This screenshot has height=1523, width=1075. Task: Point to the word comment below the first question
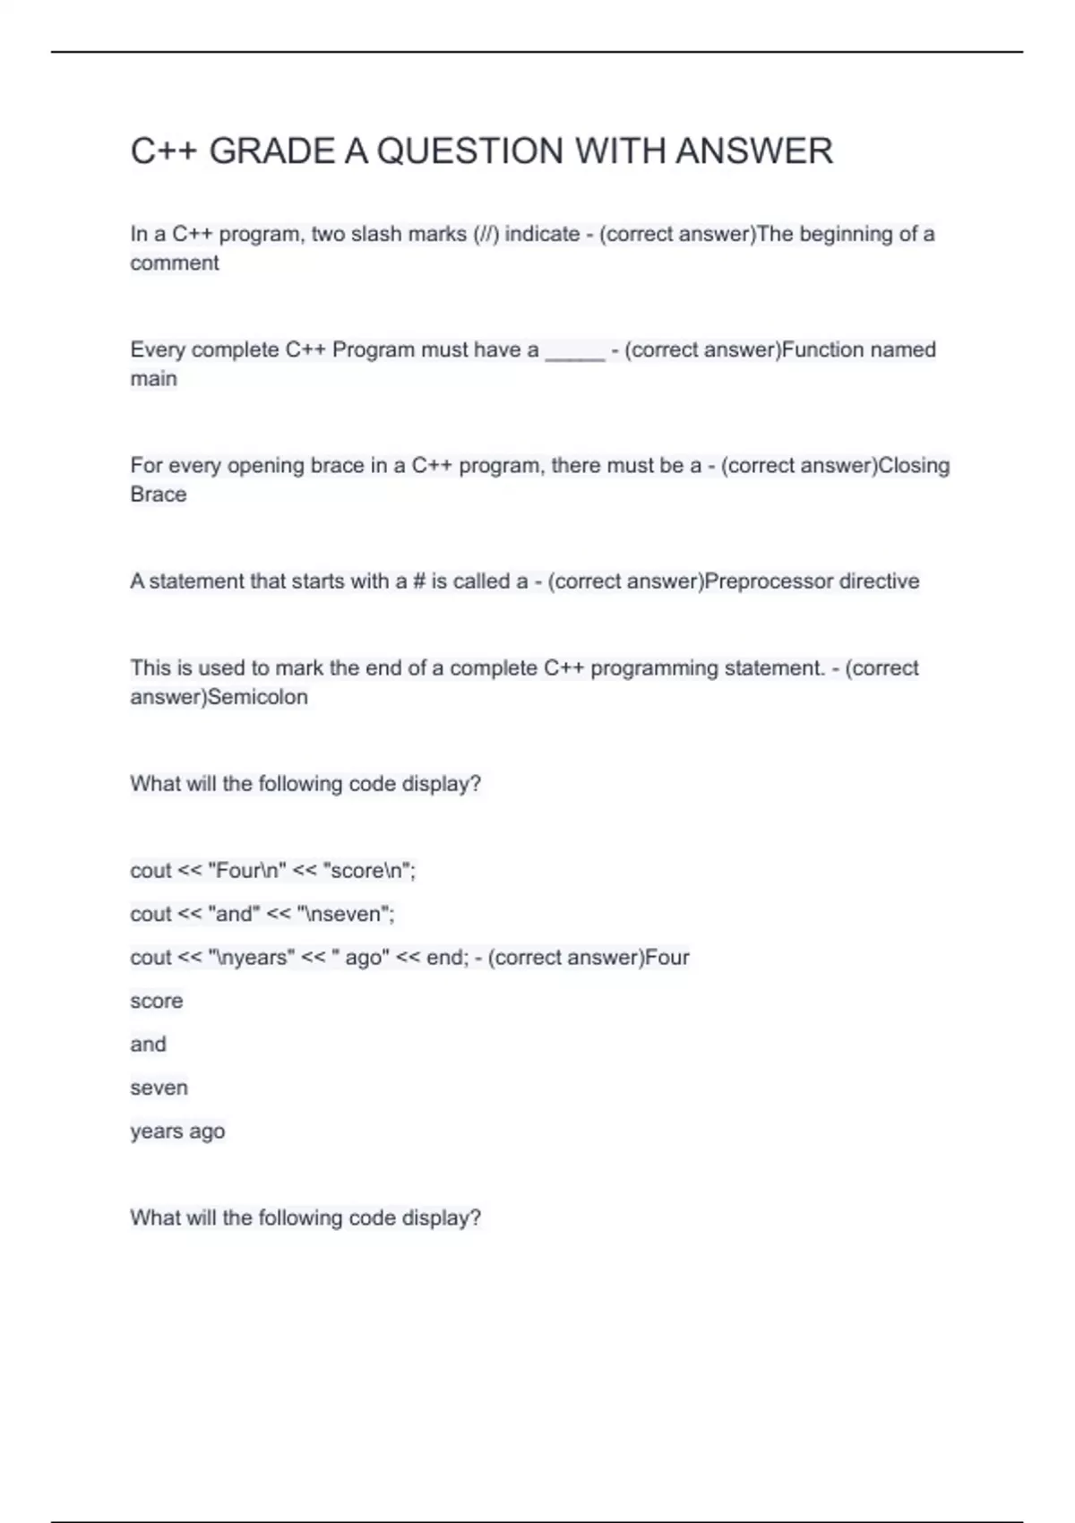pyautogui.click(x=175, y=263)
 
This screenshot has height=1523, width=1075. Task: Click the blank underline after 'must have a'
pyautogui.click(x=575, y=351)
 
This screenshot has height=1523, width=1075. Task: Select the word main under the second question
pyautogui.click(x=153, y=379)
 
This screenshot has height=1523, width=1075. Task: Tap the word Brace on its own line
pyautogui.click(x=159, y=495)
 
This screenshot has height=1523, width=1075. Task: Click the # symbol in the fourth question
pyautogui.click(x=418, y=581)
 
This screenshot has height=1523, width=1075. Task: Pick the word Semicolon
pyautogui.click(x=257, y=697)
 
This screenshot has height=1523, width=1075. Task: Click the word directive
pyautogui.click(x=879, y=581)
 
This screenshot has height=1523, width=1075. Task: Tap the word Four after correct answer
pyautogui.click(x=667, y=958)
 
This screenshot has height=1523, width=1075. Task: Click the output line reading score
pyautogui.click(x=157, y=1001)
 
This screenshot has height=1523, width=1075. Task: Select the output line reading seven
pyautogui.click(x=159, y=1088)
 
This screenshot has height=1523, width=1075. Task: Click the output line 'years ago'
pyautogui.click(x=177, y=1131)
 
